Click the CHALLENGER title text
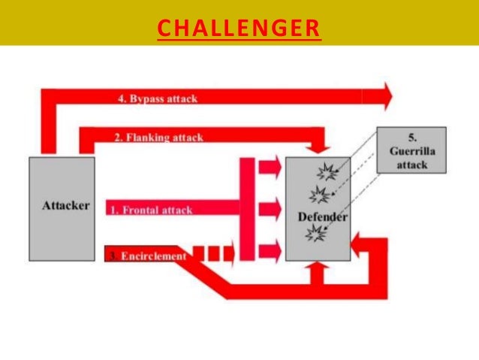pos(239,28)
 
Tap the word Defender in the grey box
pos(322,217)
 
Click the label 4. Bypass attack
pos(157,98)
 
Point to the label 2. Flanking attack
pos(158,138)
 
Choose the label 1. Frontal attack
pos(151,210)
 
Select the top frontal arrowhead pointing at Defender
pos(271,166)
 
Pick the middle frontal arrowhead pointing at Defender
pos(271,207)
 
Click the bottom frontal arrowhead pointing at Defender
pos(271,250)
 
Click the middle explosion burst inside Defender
pos(319,196)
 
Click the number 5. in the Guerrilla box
pos(411,138)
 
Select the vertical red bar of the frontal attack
pos(248,209)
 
